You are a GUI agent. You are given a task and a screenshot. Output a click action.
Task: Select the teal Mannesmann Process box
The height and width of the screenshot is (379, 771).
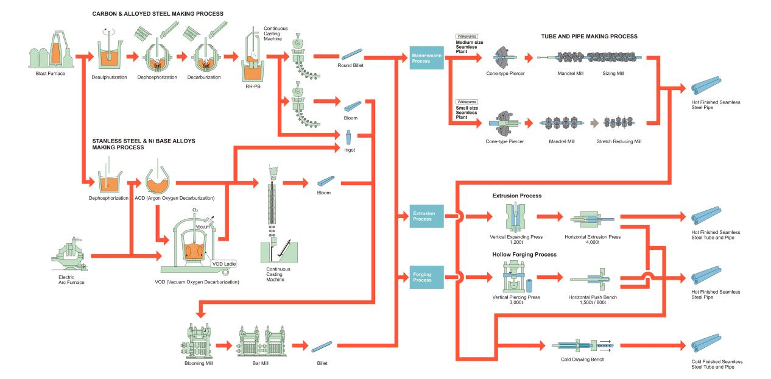pos(426,58)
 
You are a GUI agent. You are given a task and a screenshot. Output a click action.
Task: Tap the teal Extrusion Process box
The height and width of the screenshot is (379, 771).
pos(426,216)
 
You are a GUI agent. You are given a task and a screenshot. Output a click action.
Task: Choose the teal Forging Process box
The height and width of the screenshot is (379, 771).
pos(426,277)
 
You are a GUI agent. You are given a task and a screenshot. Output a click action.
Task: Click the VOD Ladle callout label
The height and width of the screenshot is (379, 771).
pos(224,263)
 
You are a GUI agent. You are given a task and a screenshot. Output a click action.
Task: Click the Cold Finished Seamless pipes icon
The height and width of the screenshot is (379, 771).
pos(706,345)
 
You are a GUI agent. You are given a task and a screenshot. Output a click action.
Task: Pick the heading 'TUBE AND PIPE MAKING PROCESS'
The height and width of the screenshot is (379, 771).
pos(589,37)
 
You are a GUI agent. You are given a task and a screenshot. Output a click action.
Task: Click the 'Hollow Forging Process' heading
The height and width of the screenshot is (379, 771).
pos(524,254)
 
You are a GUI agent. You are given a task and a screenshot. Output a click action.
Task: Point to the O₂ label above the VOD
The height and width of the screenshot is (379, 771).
pos(195,210)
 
